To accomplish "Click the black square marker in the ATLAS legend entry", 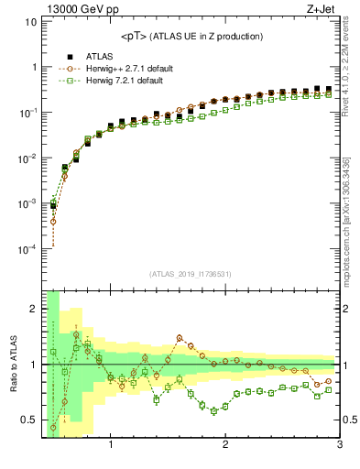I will coord(70,57).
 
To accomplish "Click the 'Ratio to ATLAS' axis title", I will coord(12,364).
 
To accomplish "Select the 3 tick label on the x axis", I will coord(339,445).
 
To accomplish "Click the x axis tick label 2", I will coord(225,445).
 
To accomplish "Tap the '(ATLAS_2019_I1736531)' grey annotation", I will coord(191,274).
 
